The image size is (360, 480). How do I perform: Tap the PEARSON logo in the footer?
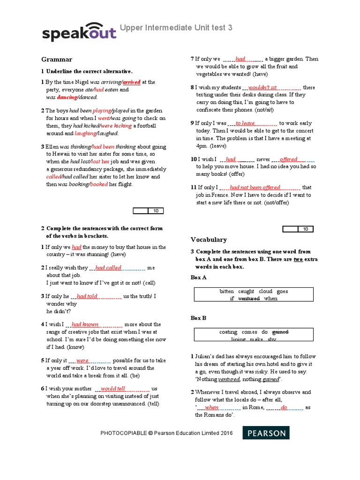click(x=266, y=433)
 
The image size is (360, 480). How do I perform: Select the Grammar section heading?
click(x=57, y=60)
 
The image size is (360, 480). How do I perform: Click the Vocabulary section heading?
click(x=209, y=240)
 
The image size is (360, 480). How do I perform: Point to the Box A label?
click(x=199, y=277)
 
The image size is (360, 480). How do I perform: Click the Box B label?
click(x=199, y=318)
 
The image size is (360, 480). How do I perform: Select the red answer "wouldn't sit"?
click(x=262, y=87)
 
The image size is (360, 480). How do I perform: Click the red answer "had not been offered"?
click(x=255, y=187)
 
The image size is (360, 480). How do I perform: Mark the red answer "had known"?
click(x=85, y=324)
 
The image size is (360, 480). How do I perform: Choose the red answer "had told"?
click(x=87, y=296)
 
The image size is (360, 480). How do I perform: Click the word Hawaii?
click(x=56, y=154)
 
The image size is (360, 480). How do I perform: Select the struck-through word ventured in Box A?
click(x=249, y=299)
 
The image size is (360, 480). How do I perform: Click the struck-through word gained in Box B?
click(x=280, y=332)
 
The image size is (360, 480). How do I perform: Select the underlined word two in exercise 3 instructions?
click(x=298, y=259)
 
